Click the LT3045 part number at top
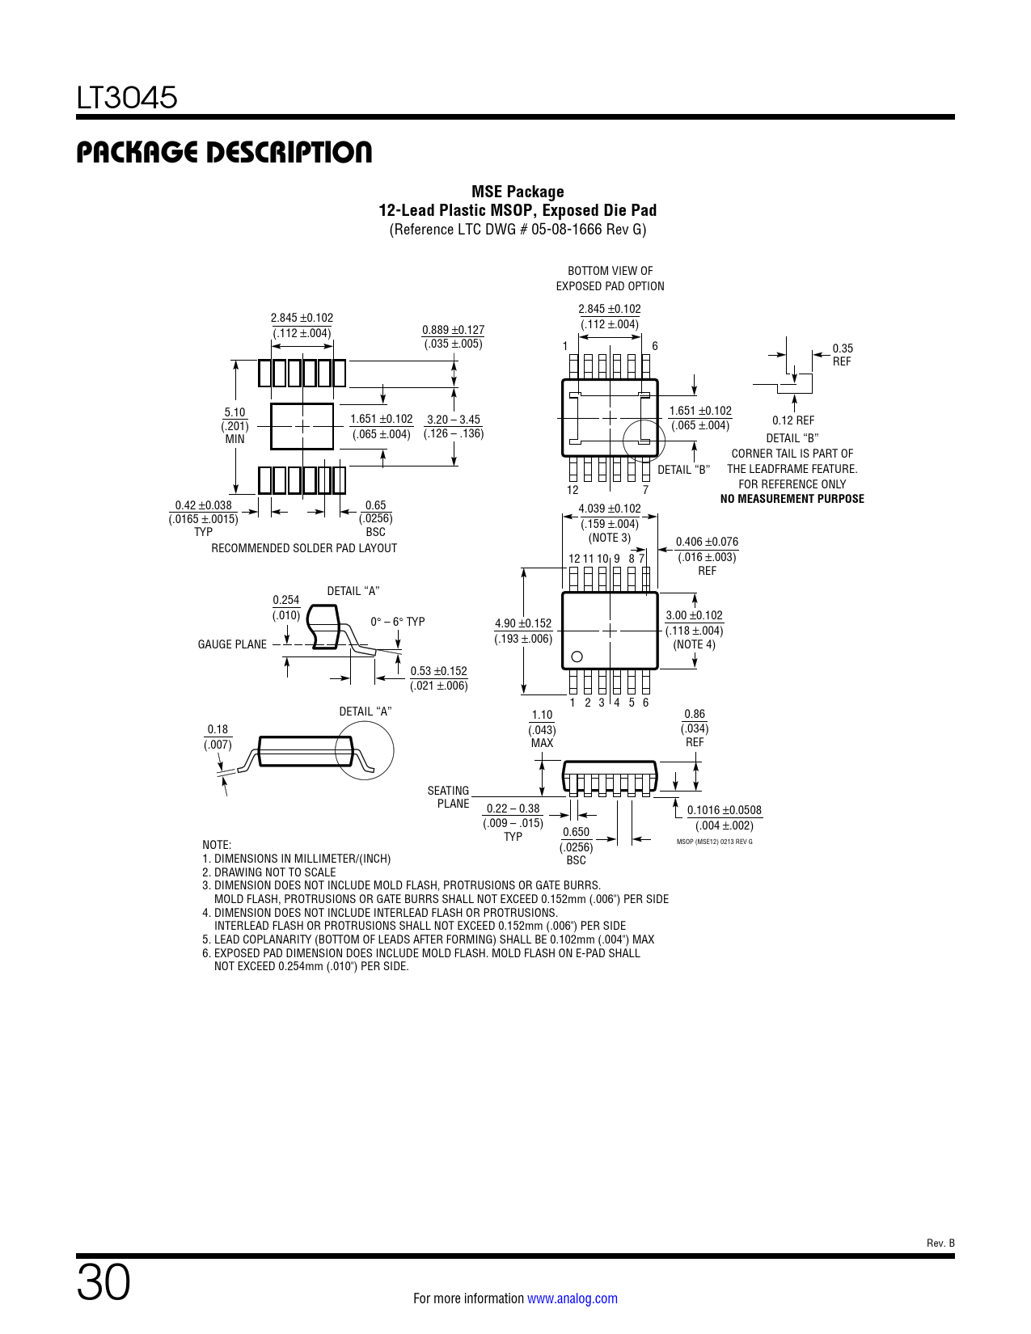pyautogui.click(x=126, y=97)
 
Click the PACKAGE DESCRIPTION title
pyautogui.click(x=224, y=152)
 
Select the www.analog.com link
pyautogui.click(x=573, y=1298)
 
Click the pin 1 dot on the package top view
pyautogui.click(x=577, y=656)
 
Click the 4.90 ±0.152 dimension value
pyautogui.click(x=523, y=623)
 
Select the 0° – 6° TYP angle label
pyautogui.click(x=397, y=621)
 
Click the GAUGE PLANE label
pyautogui.click(x=232, y=644)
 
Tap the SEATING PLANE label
pyautogui.click(x=448, y=797)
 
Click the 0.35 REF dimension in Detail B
pyautogui.click(x=842, y=355)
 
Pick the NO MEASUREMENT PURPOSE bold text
pyautogui.click(x=792, y=499)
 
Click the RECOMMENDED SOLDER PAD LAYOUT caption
pyautogui.click(x=304, y=548)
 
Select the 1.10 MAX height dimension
pyautogui.click(x=543, y=728)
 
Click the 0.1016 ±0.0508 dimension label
pyautogui.click(x=724, y=810)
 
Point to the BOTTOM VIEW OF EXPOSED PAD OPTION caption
pyautogui.click(x=611, y=278)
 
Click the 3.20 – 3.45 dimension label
pyautogui.click(x=454, y=420)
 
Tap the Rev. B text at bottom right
pyautogui.click(x=940, y=1243)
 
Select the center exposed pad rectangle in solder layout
pyautogui.click(x=302, y=426)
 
